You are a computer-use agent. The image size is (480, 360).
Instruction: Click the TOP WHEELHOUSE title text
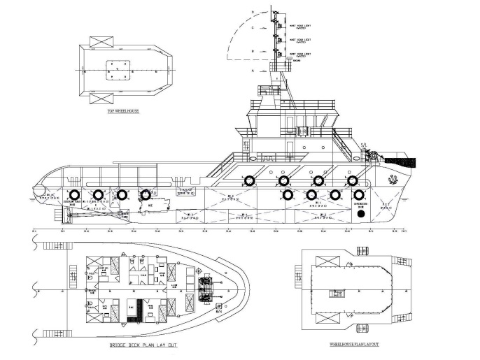point(120,111)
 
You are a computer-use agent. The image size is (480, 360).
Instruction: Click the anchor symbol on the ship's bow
point(390,178)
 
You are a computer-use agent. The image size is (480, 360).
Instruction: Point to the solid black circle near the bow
point(361,215)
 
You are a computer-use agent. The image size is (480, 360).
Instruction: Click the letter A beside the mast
point(253,71)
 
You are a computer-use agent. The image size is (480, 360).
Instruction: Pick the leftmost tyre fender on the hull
point(72,195)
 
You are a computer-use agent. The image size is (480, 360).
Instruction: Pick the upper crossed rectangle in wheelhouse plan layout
point(326,261)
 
